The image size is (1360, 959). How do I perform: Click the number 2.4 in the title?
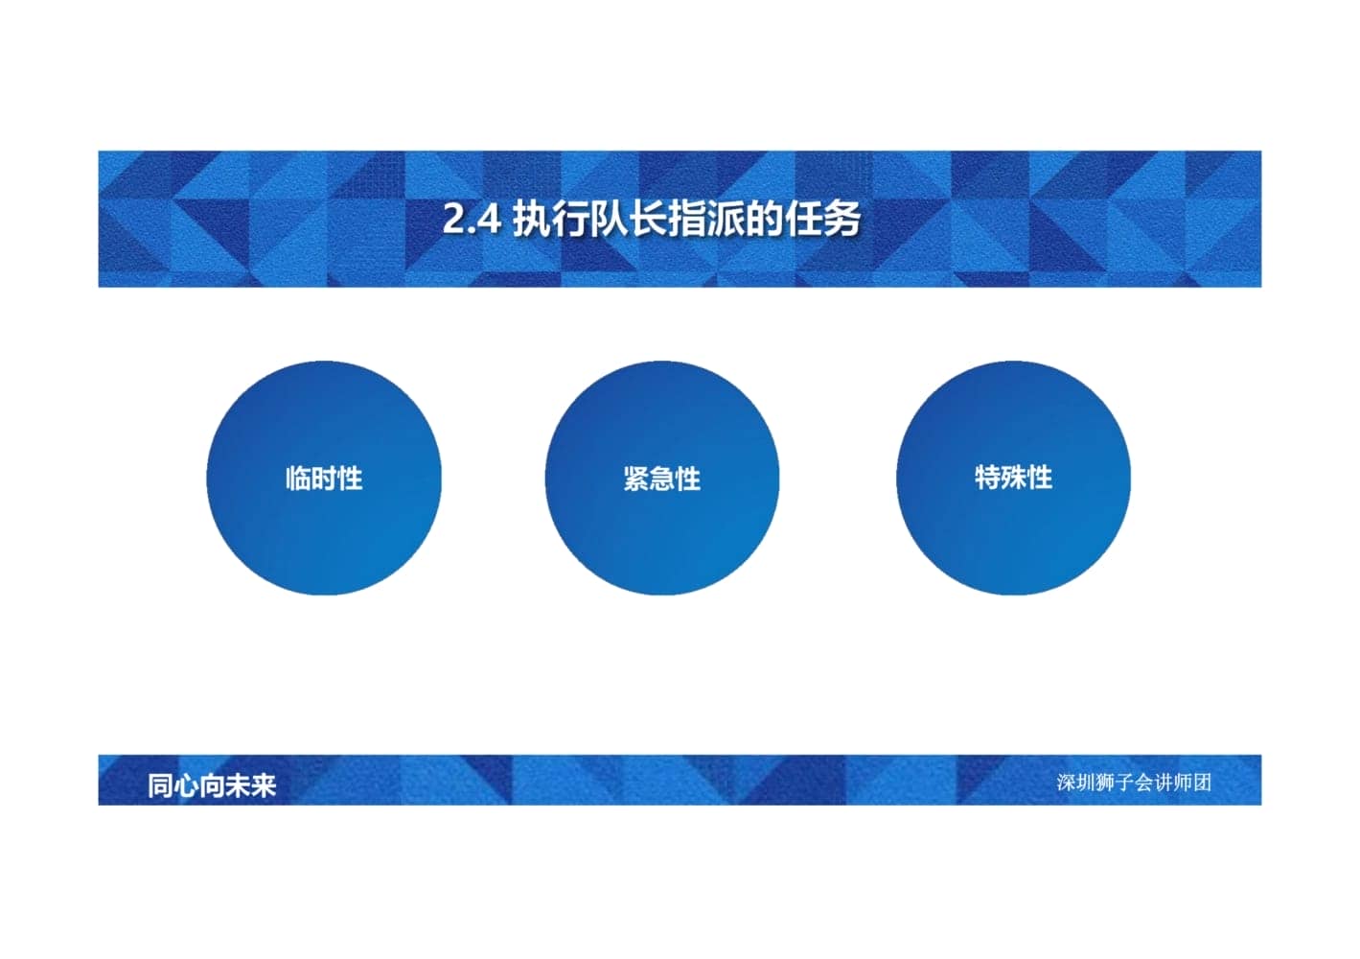[472, 219]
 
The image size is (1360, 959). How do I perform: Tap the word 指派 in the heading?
[705, 219]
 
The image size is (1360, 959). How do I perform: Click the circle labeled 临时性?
[324, 478]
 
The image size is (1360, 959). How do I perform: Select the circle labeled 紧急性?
[662, 478]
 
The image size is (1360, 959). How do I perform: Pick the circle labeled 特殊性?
[1013, 478]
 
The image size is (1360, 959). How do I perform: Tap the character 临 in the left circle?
[298, 479]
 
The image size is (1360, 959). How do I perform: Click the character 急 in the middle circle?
[662, 479]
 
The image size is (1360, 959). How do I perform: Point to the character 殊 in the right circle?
[1013, 478]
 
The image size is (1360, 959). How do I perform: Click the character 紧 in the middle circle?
[636, 479]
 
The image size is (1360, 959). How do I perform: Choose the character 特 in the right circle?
[987, 478]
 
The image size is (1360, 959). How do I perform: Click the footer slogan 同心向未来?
[212, 785]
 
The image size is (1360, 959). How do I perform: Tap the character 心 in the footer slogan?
[186, 785]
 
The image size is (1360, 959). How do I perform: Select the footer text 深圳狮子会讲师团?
[1134, 783]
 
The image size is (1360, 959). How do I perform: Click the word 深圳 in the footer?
[1075, 783]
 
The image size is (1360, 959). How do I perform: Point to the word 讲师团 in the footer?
[1183, 783]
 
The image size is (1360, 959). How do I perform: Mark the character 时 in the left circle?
[324, 479]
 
